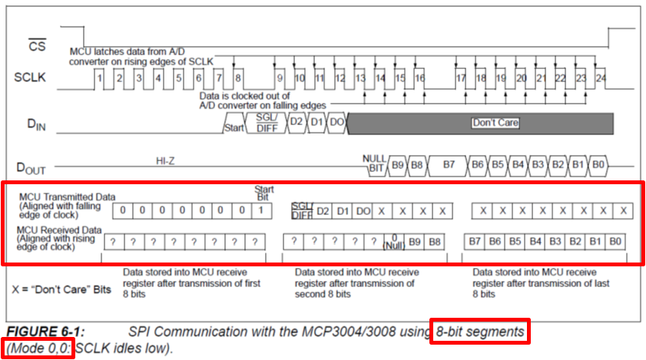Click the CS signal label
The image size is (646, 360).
37,46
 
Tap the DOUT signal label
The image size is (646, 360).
34,167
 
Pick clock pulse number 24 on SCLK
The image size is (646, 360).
600,78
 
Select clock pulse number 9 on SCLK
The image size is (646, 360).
280,78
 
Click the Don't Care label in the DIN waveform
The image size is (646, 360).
495,123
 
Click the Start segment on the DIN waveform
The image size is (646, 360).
234,127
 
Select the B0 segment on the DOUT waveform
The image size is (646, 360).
598,165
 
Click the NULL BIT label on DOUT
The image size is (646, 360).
375,162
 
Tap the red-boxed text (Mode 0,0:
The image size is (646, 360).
39,347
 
